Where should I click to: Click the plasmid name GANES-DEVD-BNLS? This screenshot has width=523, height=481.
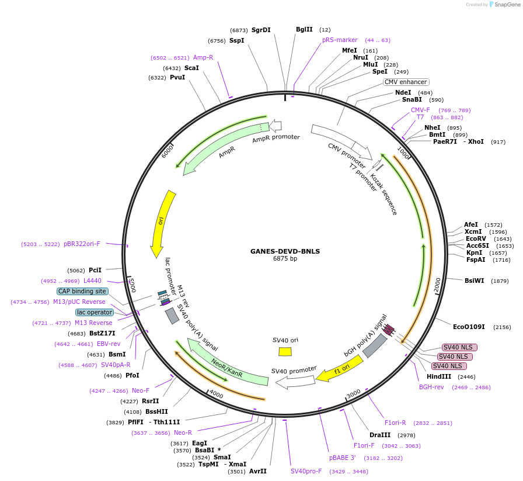[x=285, y=251]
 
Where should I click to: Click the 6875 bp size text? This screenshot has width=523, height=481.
[x=285, y=259]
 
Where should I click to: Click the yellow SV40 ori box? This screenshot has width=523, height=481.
[x=285, y=351]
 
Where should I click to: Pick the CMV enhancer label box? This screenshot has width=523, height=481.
[x=406, y=82]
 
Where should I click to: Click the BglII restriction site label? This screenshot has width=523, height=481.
[x=304, y=29]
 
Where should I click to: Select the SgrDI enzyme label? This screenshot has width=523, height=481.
[x=261, y=30]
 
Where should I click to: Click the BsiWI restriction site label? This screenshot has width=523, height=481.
[x=474, y=281]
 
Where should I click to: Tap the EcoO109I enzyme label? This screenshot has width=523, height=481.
[x=471, y=327]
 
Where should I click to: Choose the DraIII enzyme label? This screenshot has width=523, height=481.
[x=380, y=435]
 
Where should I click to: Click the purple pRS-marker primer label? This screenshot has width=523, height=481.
[x=340, y=40]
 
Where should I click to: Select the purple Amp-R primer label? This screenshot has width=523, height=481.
[x=203, y=57]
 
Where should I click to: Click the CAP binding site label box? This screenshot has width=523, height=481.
[x=82, y=291]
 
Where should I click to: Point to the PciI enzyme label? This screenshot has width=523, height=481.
[x=95, y=270]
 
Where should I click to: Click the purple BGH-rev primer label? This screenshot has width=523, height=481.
[x=432, y=387]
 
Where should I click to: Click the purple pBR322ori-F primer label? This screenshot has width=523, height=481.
[x=82, y=244]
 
